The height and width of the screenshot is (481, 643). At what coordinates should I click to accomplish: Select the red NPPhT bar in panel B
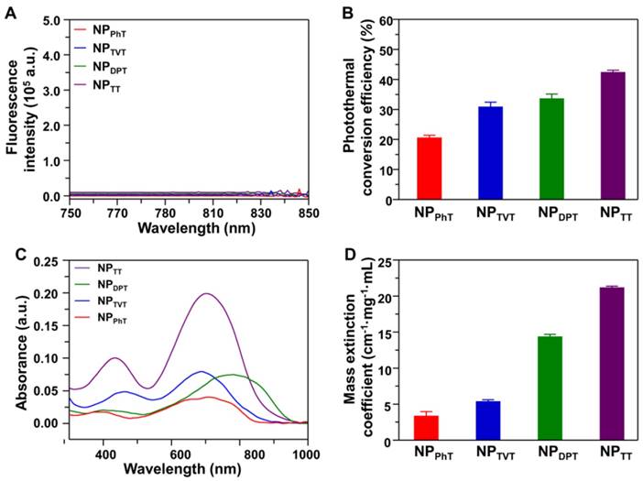point(429,169)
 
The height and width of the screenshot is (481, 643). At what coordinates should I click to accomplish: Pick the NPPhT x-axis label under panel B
point(430,213)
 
